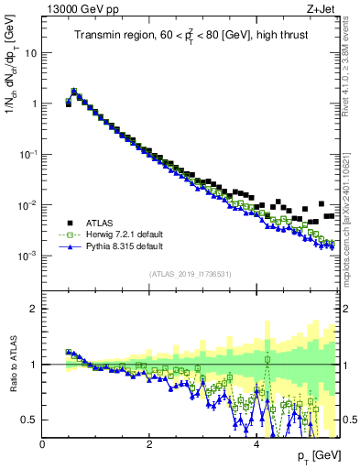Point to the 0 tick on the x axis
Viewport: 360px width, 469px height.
pos(43,444)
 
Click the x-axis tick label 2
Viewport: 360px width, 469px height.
pos(149,444)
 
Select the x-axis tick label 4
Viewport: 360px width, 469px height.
pos(256,444)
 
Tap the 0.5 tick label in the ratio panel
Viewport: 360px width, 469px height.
pos(28,420)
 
